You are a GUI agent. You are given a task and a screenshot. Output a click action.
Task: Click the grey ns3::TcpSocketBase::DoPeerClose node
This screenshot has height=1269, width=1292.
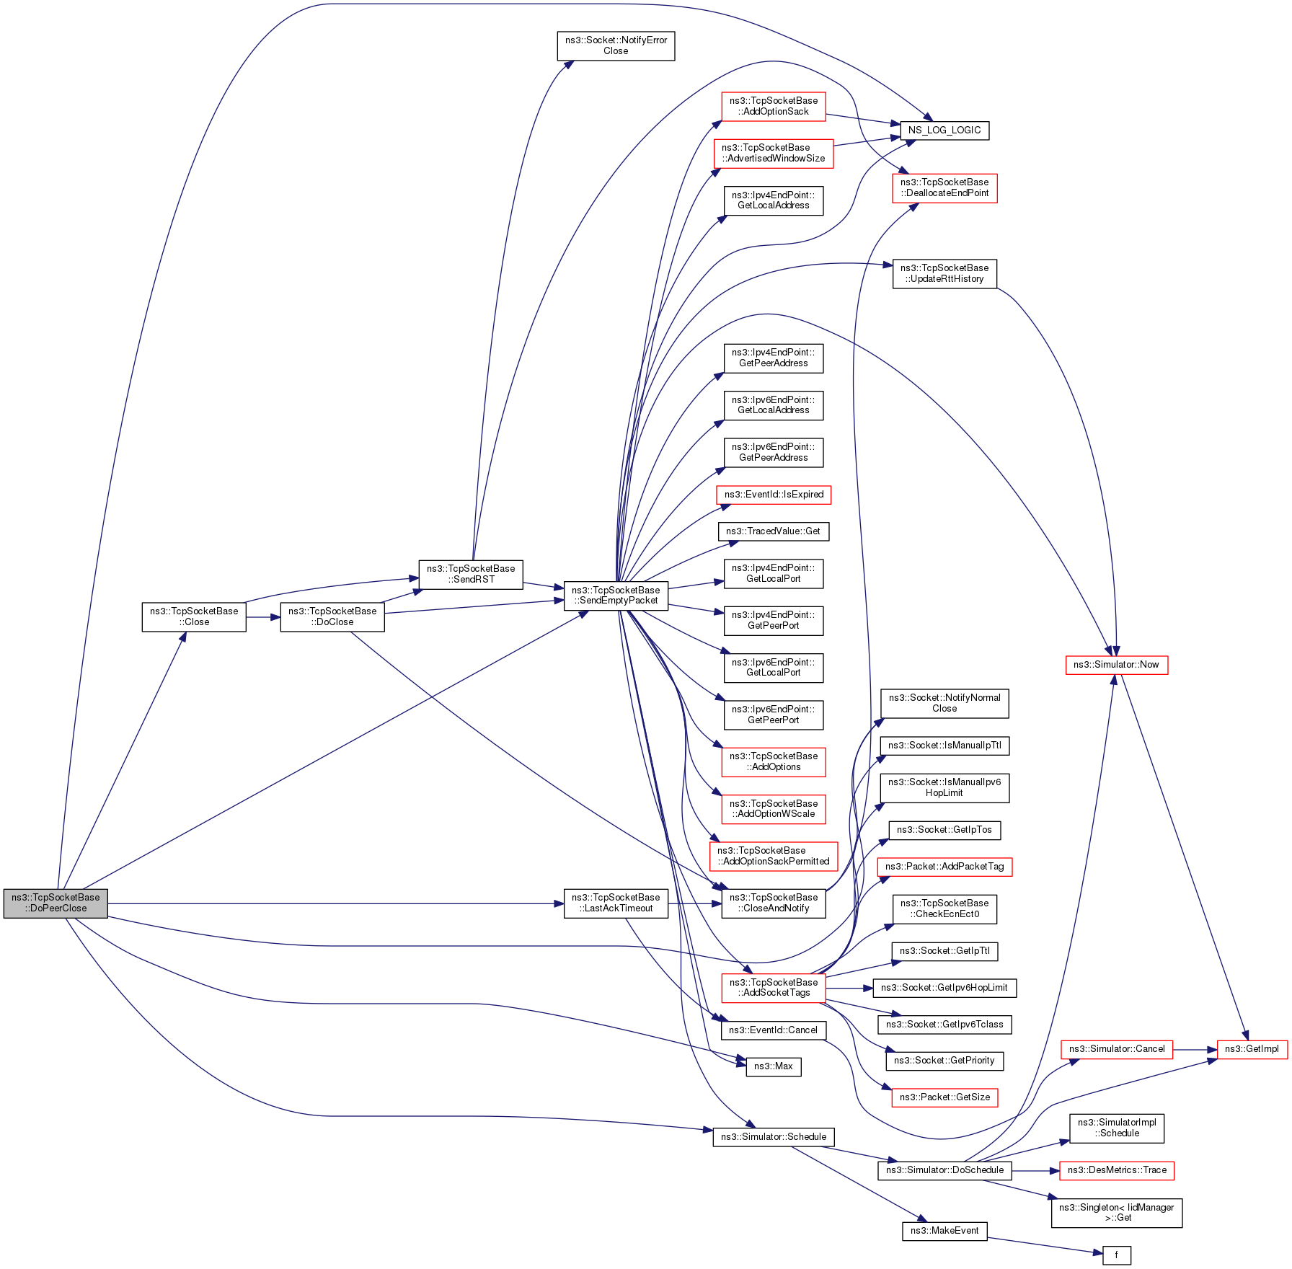[56, 903]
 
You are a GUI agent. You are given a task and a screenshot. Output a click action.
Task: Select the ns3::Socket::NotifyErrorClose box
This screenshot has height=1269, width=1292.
[616, 45]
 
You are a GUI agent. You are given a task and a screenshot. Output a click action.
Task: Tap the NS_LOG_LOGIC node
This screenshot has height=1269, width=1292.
[944, 131]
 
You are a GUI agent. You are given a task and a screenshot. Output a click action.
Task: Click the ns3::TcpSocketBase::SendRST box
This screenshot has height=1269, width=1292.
[471, 574]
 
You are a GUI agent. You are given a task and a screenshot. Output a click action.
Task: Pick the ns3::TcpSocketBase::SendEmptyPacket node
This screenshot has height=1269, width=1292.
[616, 596]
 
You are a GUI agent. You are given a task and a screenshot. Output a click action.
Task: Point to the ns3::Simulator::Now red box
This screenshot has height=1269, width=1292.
[1116, 665]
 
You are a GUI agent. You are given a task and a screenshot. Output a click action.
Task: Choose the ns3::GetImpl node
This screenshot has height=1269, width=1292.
[1252, 1049]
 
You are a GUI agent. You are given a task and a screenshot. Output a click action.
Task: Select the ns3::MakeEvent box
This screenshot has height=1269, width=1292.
[944, 1231]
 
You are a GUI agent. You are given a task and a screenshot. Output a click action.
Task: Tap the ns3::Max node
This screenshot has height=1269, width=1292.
[773, 1066]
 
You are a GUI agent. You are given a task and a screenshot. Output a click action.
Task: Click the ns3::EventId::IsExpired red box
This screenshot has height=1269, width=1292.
[774, 495]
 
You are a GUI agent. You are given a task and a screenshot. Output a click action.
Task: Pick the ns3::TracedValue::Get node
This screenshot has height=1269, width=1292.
[774, 531]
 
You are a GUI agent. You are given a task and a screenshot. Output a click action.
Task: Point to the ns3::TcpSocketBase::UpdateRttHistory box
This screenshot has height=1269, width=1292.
[944, 273]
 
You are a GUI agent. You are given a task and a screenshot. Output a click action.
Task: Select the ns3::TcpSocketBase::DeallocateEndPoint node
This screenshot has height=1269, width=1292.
[944, 187]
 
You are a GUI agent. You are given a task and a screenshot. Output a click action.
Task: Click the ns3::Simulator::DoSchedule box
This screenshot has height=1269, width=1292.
[944, 1170]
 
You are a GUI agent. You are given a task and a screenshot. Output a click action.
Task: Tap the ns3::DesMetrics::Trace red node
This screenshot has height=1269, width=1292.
[1117, 1170]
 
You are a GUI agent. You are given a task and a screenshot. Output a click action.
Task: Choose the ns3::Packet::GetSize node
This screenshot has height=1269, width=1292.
[944, 1097]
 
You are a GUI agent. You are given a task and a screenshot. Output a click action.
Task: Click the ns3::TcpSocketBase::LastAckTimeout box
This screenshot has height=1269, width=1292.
[616, 903]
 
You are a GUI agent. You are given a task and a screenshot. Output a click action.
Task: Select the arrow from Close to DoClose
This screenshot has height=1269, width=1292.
[263, 617]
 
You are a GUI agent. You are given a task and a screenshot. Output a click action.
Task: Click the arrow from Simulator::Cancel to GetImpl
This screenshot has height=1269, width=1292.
[1195, 1050]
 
